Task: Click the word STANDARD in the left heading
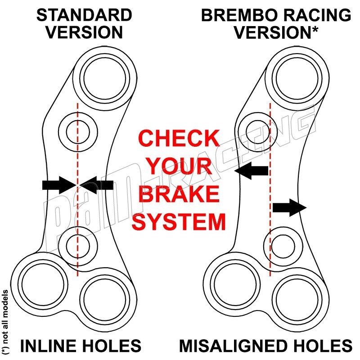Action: point(84,15)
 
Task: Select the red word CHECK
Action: point(179,138)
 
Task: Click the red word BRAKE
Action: point(179,194)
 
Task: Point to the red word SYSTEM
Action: point(179,222)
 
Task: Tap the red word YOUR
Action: point(179,166)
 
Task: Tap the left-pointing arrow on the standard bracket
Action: point(96,185)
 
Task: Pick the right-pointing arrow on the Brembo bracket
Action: point(290,207)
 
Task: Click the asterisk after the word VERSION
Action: point(315,29)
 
